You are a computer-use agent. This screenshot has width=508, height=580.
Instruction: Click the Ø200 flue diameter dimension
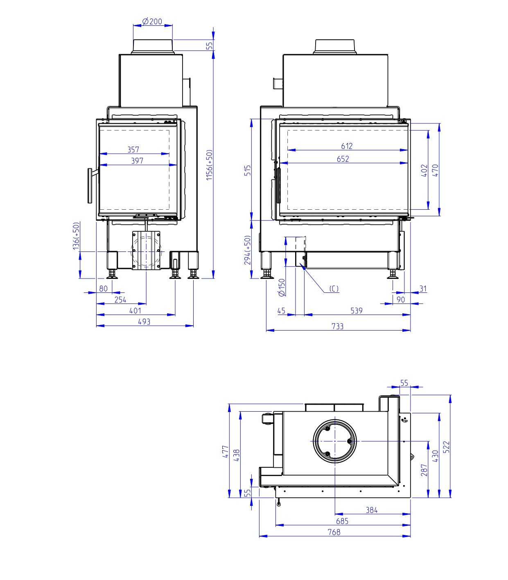[152, 21]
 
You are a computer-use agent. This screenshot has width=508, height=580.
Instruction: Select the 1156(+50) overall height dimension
[209, 165]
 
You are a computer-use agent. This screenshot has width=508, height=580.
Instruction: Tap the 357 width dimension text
[133, 150]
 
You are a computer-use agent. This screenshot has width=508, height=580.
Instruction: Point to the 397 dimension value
[137, 161]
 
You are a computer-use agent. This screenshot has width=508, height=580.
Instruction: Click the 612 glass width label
[347, 146]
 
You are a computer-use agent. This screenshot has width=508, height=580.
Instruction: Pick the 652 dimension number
[343, 159]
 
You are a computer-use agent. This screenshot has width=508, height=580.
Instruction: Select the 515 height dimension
[248, 170]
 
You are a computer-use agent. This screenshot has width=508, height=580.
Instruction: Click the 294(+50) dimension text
[248, 250]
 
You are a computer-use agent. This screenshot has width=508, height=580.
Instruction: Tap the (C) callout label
[334, 289]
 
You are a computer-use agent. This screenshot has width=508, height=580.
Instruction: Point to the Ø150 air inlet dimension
[282, 287]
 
